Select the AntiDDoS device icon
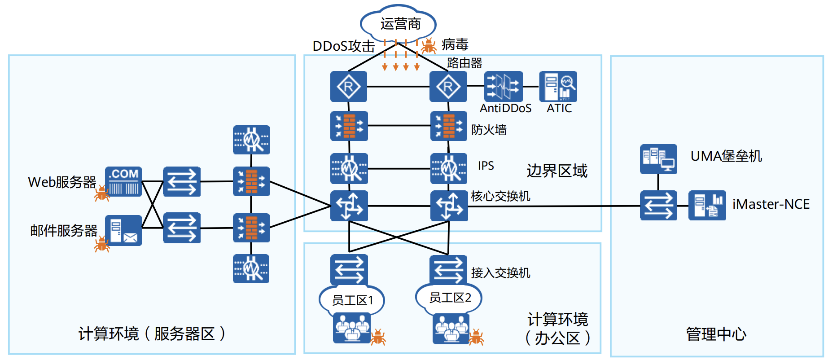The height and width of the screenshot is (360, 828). [x=504, y=86]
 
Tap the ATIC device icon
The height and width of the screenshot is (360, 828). [x=558, y=86]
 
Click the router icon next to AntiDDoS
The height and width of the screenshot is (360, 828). [x=448, y=86]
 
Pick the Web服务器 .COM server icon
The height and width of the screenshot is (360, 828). [x=123, y=181]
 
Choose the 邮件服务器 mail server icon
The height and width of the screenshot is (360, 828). [x=123, y=230]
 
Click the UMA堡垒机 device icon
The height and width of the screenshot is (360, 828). [x=658, y=159]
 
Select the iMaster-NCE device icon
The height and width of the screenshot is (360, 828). [x=707, y=206]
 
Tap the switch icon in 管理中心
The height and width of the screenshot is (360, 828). [x=658, y=206]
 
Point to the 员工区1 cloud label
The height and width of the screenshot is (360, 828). [x=352, y=300]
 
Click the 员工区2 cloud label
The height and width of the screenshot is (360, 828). [x=449, y=297]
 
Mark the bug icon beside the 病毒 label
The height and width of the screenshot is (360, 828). [x=429, y=46]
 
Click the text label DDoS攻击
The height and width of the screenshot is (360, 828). [x=343, y=46]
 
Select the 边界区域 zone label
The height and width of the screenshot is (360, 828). [x=556, y=171]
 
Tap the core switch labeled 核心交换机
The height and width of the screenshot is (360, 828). [x=449, y=206]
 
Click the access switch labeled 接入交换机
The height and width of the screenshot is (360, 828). [x=448, y=269]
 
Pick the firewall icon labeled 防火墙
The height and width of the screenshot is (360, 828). [x=448, y=126]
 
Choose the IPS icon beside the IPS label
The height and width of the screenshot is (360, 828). [x=448, y=169]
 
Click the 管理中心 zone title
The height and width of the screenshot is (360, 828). [x=716, y=334]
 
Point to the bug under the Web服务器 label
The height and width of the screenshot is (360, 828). [x=102, y=193]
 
